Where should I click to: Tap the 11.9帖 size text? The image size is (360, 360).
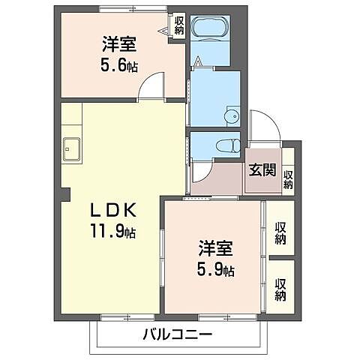tap(112, 230)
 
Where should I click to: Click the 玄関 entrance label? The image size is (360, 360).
tap(261, 169)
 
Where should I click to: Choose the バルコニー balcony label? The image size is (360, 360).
tap(177, 334)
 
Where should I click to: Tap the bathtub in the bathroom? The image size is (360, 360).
tap(213, 28)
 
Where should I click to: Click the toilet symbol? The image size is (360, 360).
tap(224, 146)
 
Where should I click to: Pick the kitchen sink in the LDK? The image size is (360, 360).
tap(72, 148)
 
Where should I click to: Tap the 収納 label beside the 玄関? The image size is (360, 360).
tap(288, 179)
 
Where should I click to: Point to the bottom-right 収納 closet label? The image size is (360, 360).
tap(280, 289)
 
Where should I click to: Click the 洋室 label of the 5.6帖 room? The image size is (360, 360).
tap(119, 43)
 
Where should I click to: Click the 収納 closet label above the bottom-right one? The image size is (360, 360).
tap(280, 232)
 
